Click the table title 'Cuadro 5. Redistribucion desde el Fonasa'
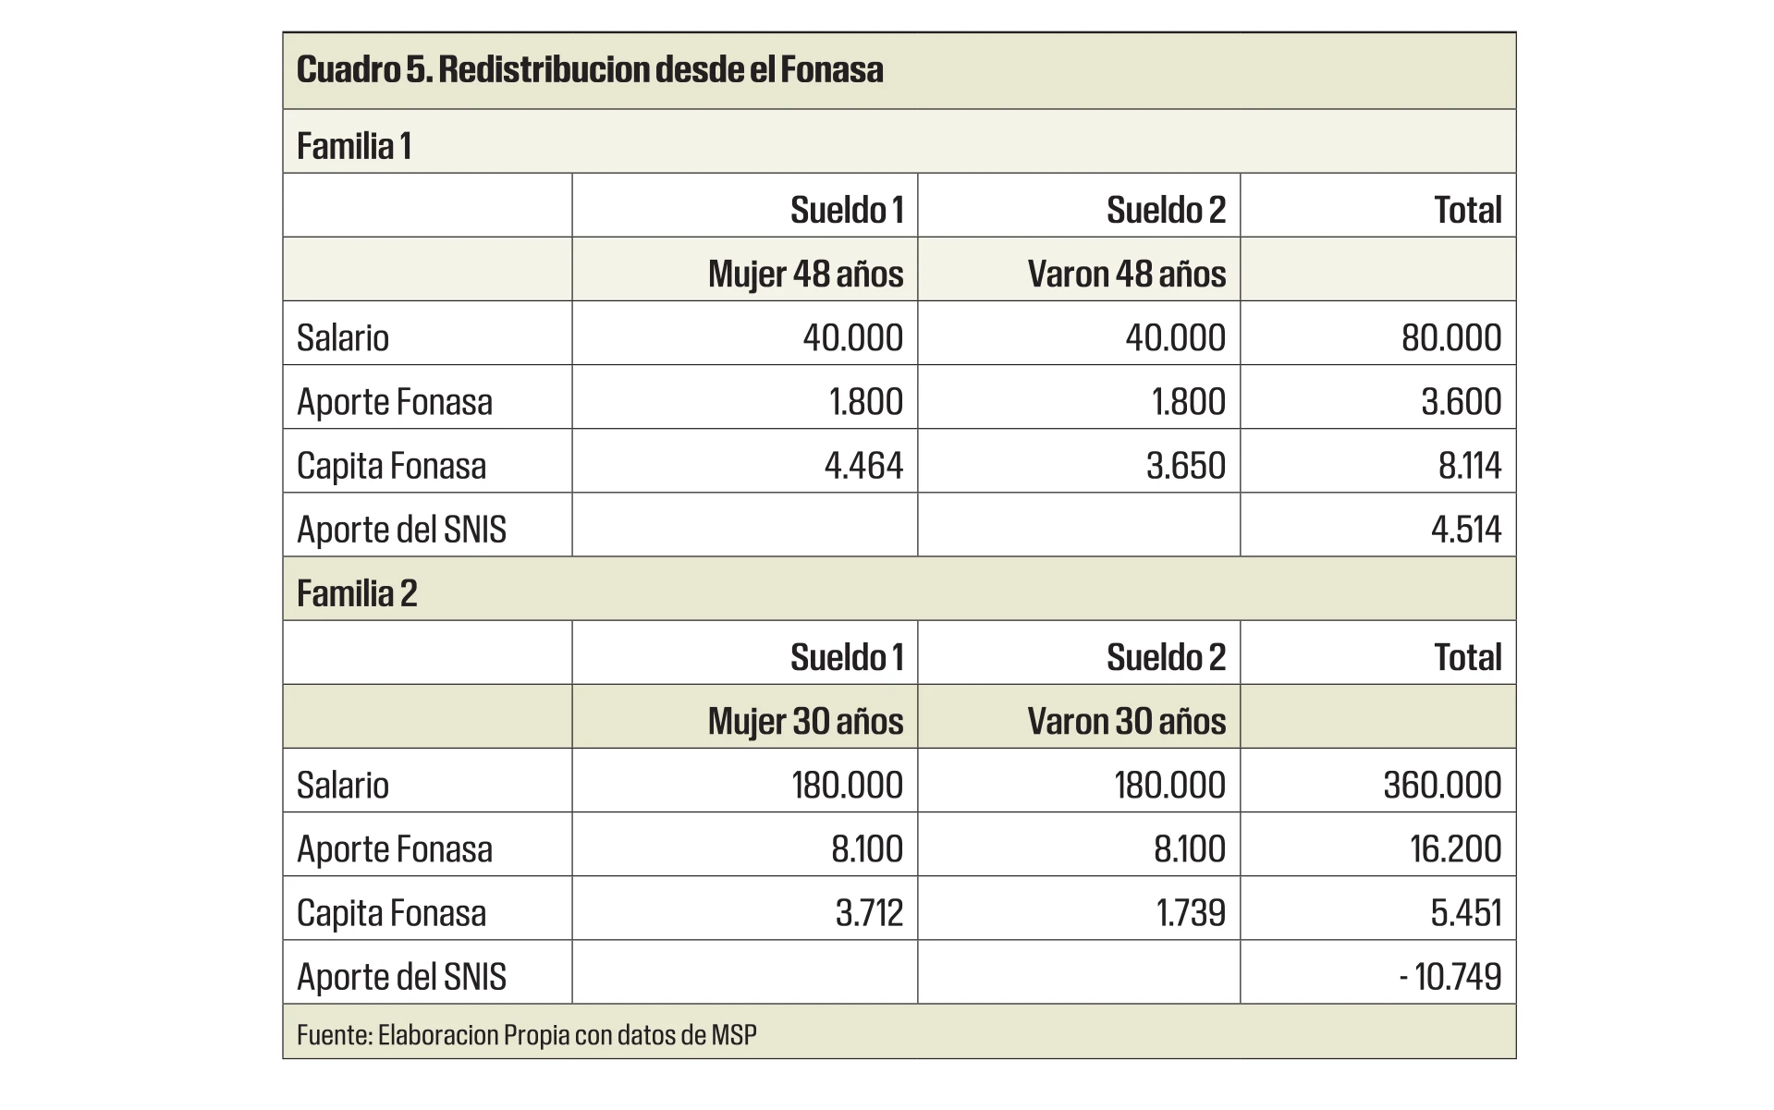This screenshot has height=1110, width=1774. pos(590,70)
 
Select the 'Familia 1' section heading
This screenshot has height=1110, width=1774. pos(354,146)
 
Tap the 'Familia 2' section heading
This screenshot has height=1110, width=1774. pos(357,593)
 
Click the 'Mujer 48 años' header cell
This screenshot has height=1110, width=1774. pos(805,274)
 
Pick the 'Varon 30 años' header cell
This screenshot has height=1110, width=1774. pos(1126,721)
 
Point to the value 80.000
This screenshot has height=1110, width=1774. pos(1450,337)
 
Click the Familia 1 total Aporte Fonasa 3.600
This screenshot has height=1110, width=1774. pos(1461,401)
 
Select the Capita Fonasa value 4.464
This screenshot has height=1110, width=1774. pos(863,465)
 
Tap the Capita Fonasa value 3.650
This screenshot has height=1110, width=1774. pos(1185,465)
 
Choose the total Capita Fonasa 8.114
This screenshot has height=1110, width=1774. pos(1469,465)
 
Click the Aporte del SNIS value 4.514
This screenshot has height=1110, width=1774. pos(1465,529)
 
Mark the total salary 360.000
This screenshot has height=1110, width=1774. pos(1442,785)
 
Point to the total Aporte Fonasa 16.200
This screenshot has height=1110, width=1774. pos(1455,848)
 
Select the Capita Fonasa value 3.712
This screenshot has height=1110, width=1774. pos(869,912)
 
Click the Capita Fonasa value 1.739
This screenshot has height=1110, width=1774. pos(1190,912)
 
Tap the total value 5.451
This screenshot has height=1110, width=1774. pos(1465,912)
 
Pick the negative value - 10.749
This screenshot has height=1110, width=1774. pos(1450,976)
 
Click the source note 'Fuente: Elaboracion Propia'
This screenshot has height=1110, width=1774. pos(526,1034)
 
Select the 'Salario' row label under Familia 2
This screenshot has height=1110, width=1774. pos(343,785)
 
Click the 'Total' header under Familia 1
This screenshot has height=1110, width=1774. pos(1467,210)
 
